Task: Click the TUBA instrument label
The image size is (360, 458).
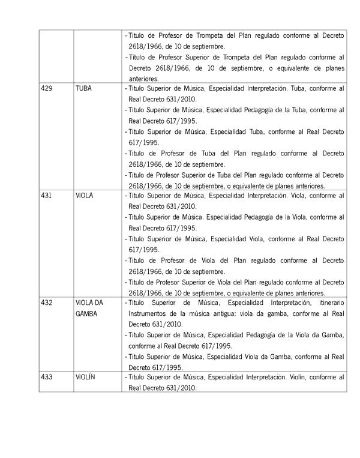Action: pos(84,88)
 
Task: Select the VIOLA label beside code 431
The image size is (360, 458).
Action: pos(85,196)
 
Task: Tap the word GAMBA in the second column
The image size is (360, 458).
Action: pos(86,313)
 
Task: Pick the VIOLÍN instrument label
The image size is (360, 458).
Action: pos(86,378)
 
